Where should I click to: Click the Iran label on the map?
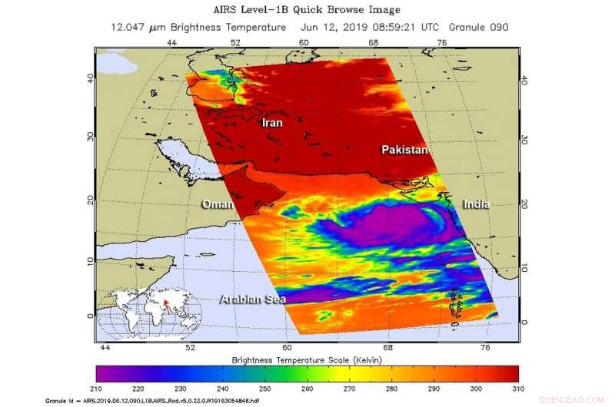[272, 123]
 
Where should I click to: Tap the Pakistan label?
[404, 151]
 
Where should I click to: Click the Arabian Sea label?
[252, 299]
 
